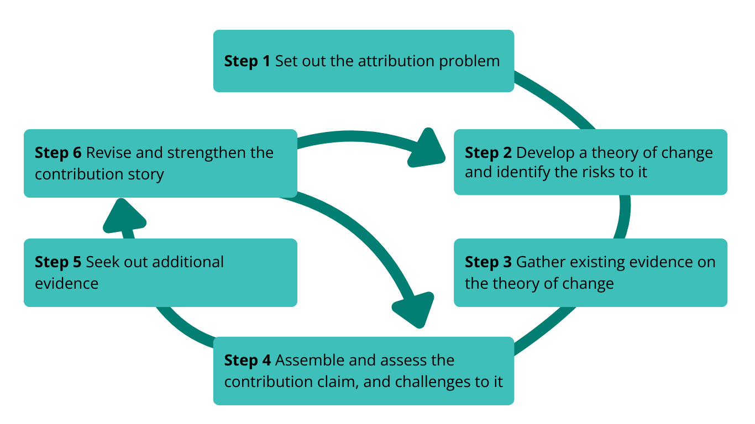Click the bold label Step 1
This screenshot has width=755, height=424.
coord(247,61)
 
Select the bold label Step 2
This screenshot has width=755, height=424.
coord(488,152)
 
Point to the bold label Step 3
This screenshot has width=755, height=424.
coord(488,262)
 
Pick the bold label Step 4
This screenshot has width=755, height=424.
coord(247,361)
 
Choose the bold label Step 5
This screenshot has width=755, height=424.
coord(58,262)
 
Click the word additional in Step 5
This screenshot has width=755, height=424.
coord(188,262)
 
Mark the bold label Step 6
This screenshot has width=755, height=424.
coord(58,152)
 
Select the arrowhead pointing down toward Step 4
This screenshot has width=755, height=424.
coord(414,310)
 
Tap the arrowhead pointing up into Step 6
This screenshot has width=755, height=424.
coord(124,216)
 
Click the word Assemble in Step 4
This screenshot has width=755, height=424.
coord(307,361)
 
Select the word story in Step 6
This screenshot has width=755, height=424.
coord(148,174)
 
